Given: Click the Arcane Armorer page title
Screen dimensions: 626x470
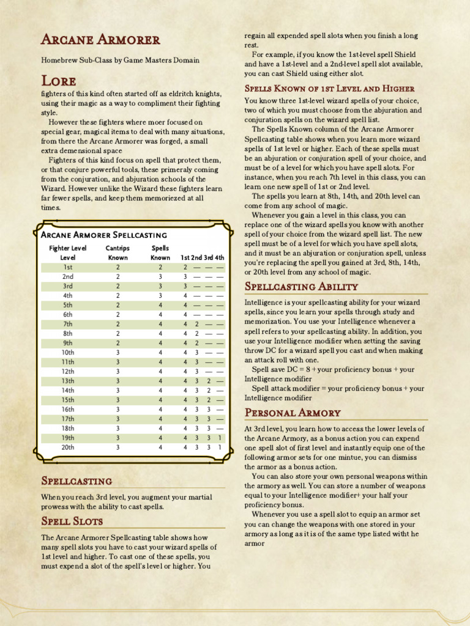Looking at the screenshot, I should pyautogui.click(x=100, y=40).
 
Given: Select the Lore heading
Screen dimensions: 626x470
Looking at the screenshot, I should pyautogui.click(x=59, y=81).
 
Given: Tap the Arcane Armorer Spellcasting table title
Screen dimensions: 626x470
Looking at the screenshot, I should pyautogui.click(x=104, y=235).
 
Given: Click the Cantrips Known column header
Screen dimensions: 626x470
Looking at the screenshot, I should pyautogui.click(x=118, y=252).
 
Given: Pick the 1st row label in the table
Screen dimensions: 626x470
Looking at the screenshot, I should pyautogui.click(x=68, y=267).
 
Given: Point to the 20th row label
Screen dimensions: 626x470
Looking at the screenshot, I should pyautogui.click(x=68, y=447).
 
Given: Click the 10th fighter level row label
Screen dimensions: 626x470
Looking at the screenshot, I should pyautogui.click(x=68, y=352).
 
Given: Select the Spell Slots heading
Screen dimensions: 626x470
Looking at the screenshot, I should pyautogui.click(x=72, y=521).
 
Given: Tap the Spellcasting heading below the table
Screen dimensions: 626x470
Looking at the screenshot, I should pyautogui.click(x=76, y=481).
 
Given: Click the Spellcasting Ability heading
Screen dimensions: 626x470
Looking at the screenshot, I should pyautogui.click(x=301, y=287).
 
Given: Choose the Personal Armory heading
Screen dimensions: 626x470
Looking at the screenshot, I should pyautogui.click(x=293, y=413).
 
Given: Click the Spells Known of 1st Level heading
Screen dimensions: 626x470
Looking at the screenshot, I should pyautogui.click(x=329, y=88).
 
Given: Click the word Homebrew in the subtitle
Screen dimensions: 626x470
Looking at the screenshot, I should pyautogui.click(x=59, y=61).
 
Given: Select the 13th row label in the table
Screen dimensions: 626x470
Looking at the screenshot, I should pyautogui.click(x=68, y=381).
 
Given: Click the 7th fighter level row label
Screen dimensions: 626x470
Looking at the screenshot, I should pyautogui.click(x=68, y=324).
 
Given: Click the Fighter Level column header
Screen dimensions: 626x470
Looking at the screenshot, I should pyautogui.click(x=68, y=252).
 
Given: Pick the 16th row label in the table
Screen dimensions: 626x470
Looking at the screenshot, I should pyautogui.click(x=68, y=409).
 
